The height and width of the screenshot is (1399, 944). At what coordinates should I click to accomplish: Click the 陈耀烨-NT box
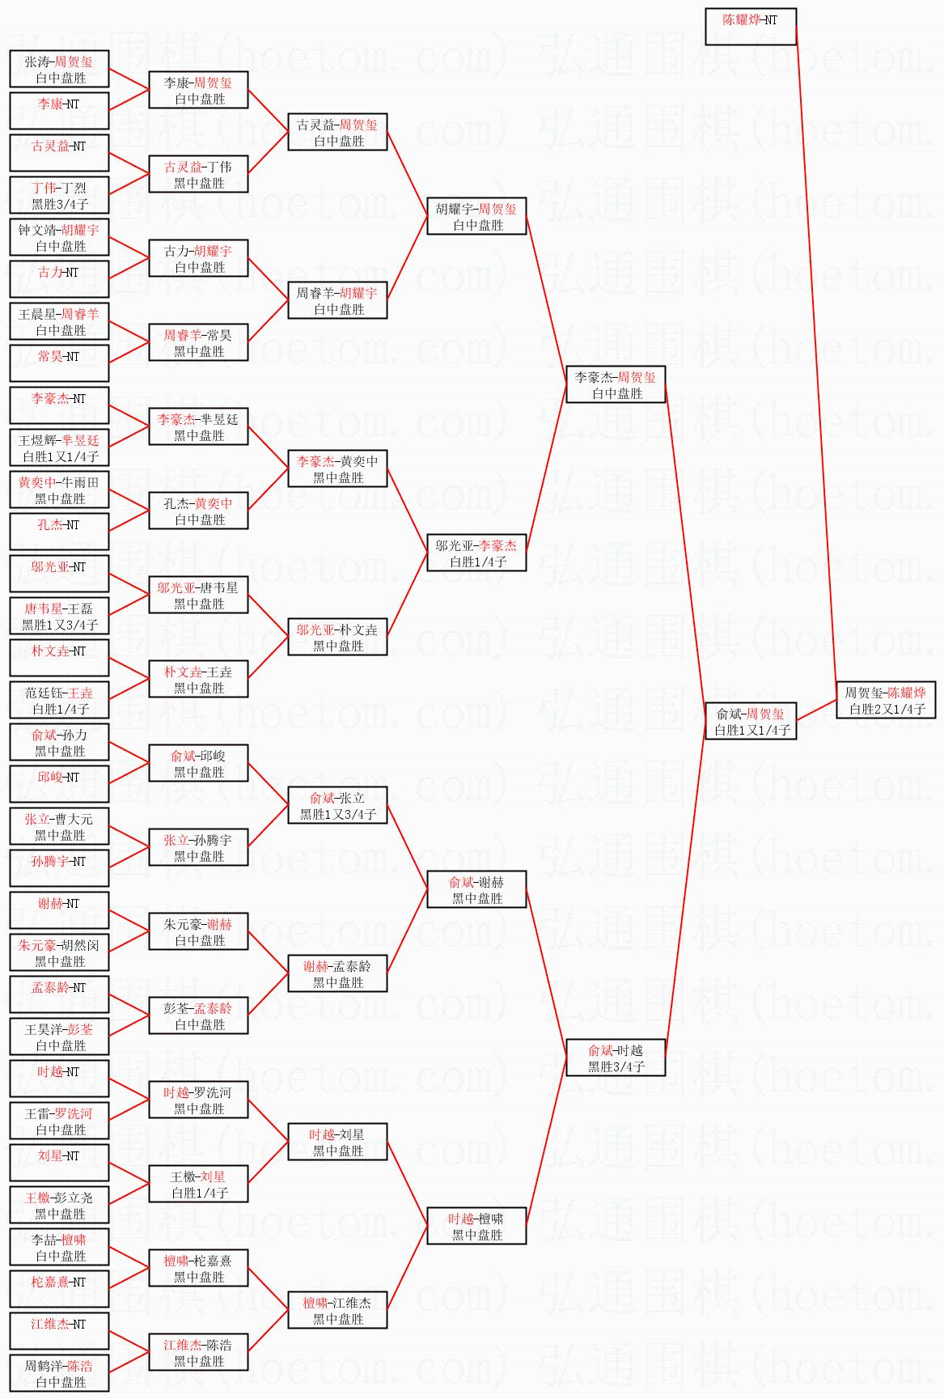pyautogui.click(x=750, y=27)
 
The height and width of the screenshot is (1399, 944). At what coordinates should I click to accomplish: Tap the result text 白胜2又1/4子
pyautogui.click(x=887, y=710)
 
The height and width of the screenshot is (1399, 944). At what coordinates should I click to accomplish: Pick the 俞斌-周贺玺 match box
pyautogui.click(x=750, y=722)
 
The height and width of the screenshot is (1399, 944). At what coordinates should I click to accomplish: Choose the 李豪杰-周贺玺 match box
pyautogui.click(x=615, y=385)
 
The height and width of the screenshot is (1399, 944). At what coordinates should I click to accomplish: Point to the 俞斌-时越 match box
pyautogui.click(x=615, y=1058)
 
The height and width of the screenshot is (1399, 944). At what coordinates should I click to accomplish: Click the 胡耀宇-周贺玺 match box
pyautogui.click(x=476, y=217)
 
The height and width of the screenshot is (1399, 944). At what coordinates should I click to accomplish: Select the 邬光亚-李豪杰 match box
pyautogui.click(x=476, y=553)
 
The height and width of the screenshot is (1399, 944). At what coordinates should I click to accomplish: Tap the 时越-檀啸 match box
pyautogui.click(x=476, y=1227)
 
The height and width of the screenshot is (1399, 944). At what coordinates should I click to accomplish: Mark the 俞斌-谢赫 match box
pyautogui.click(x=476, y=890)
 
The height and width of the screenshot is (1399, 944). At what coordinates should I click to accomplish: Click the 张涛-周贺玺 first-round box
pyautogui.click(x=59, y=70)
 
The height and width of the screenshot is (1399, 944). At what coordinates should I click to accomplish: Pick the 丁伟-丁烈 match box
pyautogui.click(x=59, y=196)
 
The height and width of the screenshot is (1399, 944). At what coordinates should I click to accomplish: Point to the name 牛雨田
pyautogui.click(x=81, y=483)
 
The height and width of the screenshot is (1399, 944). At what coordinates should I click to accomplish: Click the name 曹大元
pyautogui.click(x=74, y=820)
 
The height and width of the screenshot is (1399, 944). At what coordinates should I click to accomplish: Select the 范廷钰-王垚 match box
pyautogui.click(x=59, y=701)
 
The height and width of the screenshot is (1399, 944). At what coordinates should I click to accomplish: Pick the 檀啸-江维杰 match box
pyautogui.click(x=337, y=1311)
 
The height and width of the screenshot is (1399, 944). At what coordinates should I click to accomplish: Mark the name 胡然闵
pyautogui.click(x=81, y=946)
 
